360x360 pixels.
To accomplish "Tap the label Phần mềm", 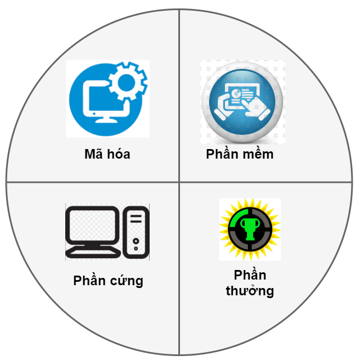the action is coord(240,153).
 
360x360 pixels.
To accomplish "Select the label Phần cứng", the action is coord(108,280).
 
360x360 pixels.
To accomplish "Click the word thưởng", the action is coord(250,291).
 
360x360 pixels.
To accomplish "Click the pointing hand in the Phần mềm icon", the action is coord(255,107).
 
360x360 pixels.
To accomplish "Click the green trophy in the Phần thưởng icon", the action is coord(250,229).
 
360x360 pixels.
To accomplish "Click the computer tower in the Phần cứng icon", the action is coord(136,232).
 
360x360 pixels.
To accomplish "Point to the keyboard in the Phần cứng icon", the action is coord(93,253).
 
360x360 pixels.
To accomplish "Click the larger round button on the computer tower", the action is coord(136,241).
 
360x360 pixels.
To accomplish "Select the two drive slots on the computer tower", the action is coord(136,219).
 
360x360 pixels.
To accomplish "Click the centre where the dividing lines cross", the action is coord(179,182).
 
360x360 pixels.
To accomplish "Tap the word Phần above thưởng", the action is coord(250,274).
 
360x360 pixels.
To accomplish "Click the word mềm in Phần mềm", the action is coord(258,153).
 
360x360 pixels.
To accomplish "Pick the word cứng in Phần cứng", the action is coord(126,281).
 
